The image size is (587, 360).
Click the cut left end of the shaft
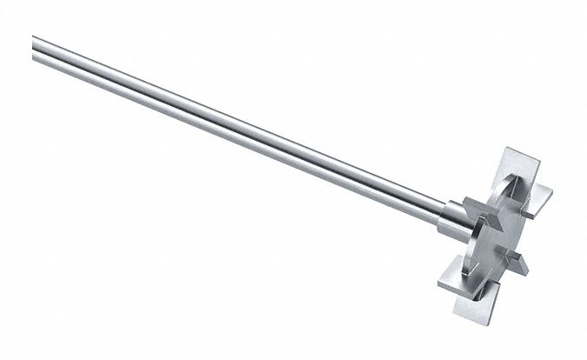point(35,42)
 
